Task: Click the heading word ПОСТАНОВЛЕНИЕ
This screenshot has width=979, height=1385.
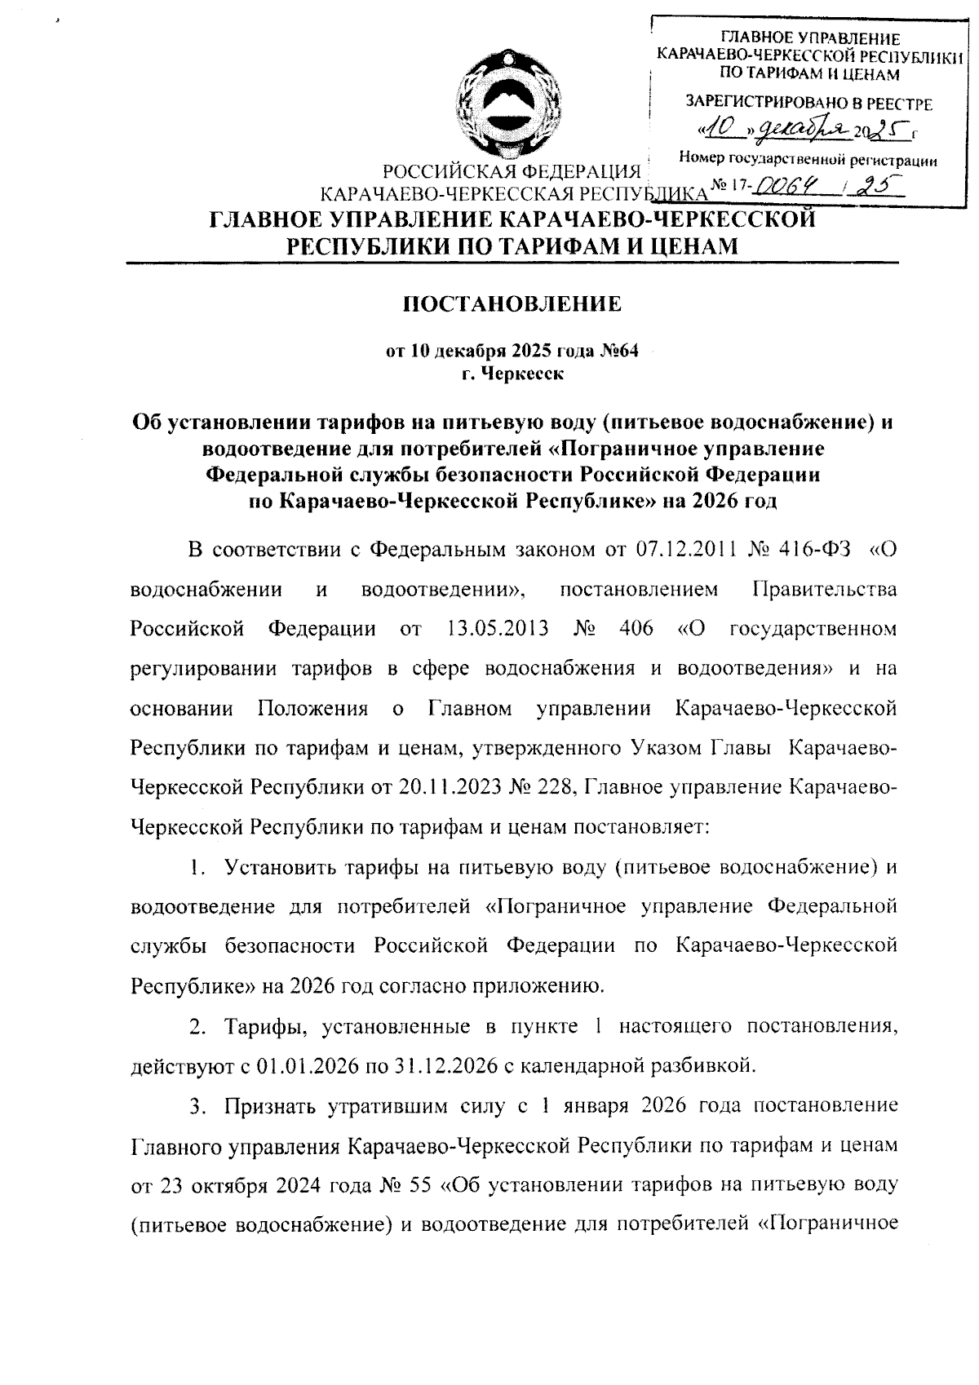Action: tap(513, 305)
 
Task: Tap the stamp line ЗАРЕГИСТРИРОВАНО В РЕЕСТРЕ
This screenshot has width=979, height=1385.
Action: tap(808, 104)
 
